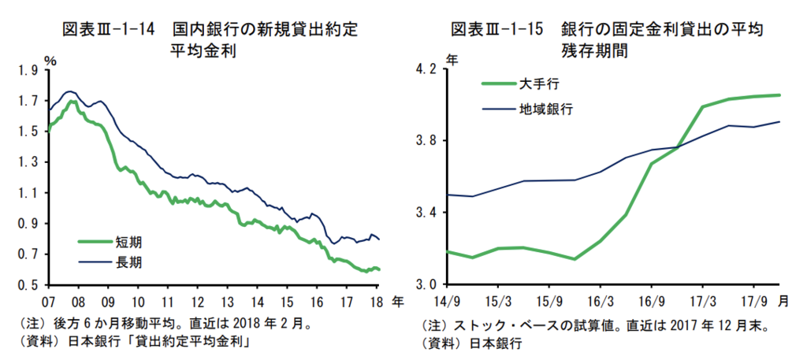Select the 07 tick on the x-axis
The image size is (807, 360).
pos(48,300)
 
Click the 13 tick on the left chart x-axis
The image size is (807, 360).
pos(227,300)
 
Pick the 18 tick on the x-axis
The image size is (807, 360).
pos(376,300)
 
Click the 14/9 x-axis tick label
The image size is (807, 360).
pos(448,300)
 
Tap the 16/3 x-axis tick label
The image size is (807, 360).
pos(601,300)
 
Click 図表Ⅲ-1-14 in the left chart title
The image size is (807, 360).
pos(103,30)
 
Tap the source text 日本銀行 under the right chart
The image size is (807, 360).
pos(496,343)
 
